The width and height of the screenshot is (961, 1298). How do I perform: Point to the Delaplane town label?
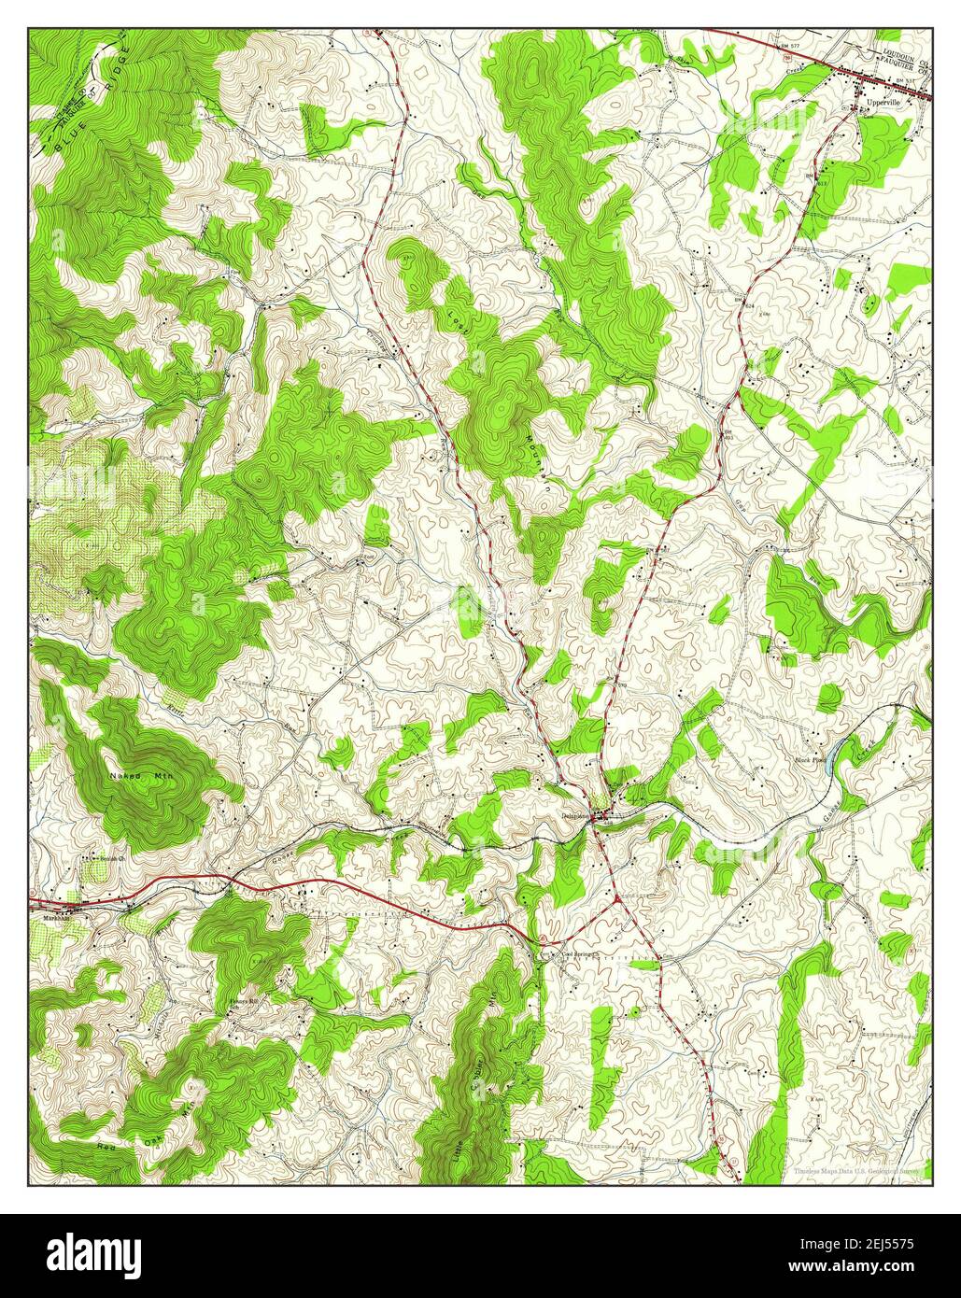[x=573, y=817]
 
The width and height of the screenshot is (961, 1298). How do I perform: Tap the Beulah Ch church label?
[x=109, y=855]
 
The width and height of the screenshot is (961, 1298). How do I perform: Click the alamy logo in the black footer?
[x=81, y=1252]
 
